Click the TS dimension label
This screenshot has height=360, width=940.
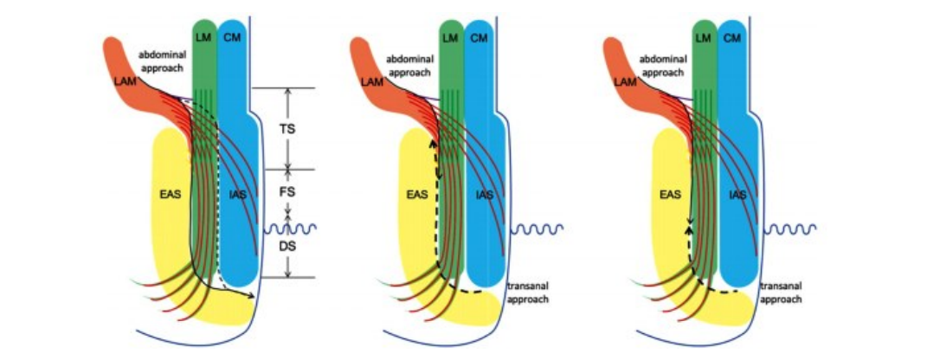pyautogui.click(x=287, y=129)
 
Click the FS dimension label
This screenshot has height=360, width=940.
pyautogui.click(x=287, y=191)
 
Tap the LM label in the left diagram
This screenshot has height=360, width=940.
pyautogui.click(x=203, y=38)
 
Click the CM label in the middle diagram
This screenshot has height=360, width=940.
pyautogui.click(x=480, y=38)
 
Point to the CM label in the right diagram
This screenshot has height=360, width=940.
pyautogui.click(x=732, y=38)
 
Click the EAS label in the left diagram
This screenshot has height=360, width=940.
pyautogui.click(x=171, y=194)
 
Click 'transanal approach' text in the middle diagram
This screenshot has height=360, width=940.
pyautogui.click(x=527, y=292)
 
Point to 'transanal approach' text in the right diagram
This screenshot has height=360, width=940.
pyautogui.click(x=781, y=292)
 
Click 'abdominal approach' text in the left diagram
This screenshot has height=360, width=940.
pyautogui.click(x=163, y=61)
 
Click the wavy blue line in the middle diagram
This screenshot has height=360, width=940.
pyautogui.click(x=538, y=228)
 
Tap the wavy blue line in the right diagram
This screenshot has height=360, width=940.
pyautogui.click(x=791, y=228)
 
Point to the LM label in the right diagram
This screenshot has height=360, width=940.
pyautogui.click(x=705, y=38)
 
